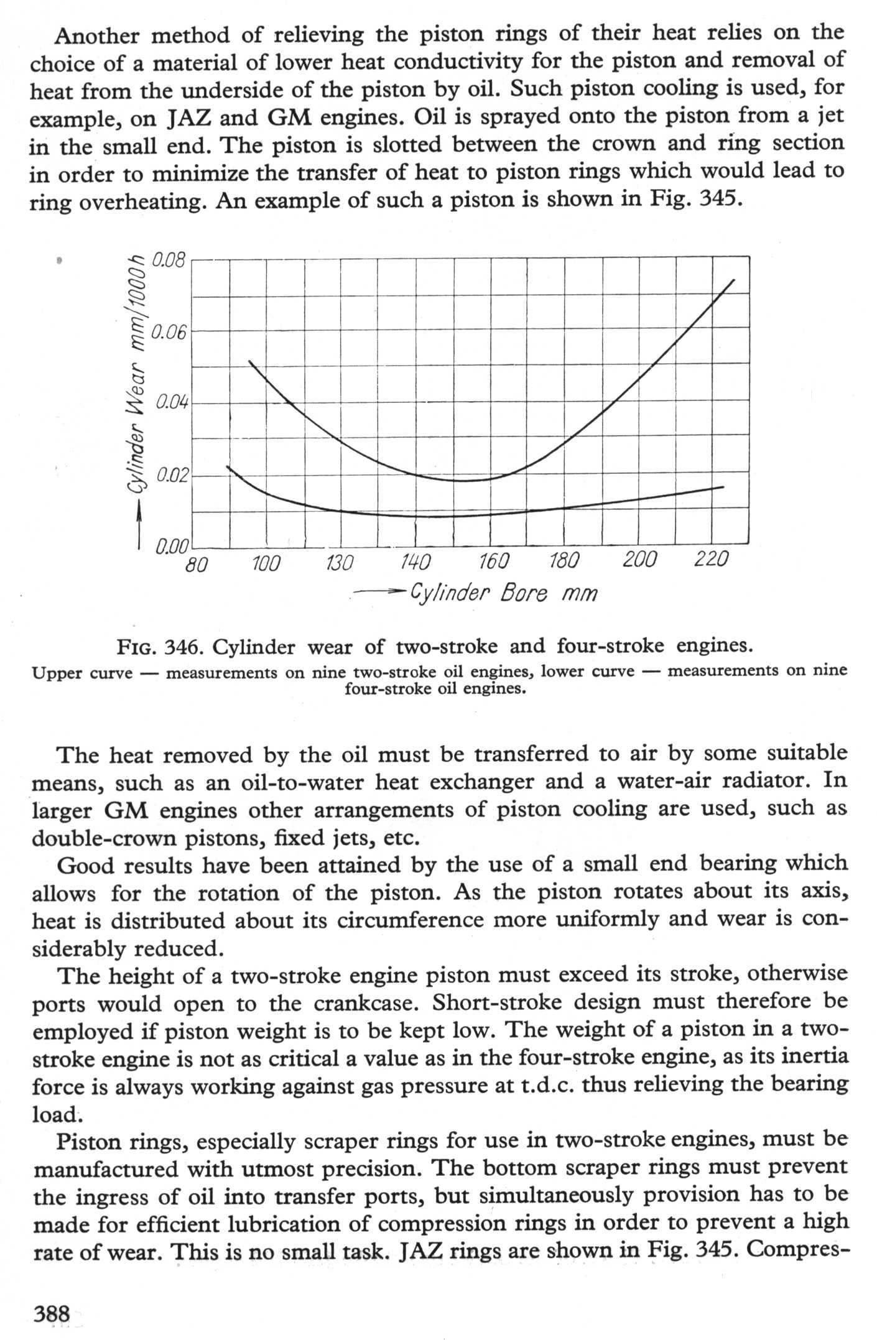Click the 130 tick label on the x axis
pyautogui.click(x=340, y=563)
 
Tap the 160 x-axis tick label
pyautogui.click(x=494, y=562)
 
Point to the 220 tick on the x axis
pyautogui.click(x=710, y=560)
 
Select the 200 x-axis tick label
pyautogui.click(x=639, y=560)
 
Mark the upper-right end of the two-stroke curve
pyautogui.click(x=735, y=280)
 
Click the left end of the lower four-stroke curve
pyautogui.click(x=228, y=466)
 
